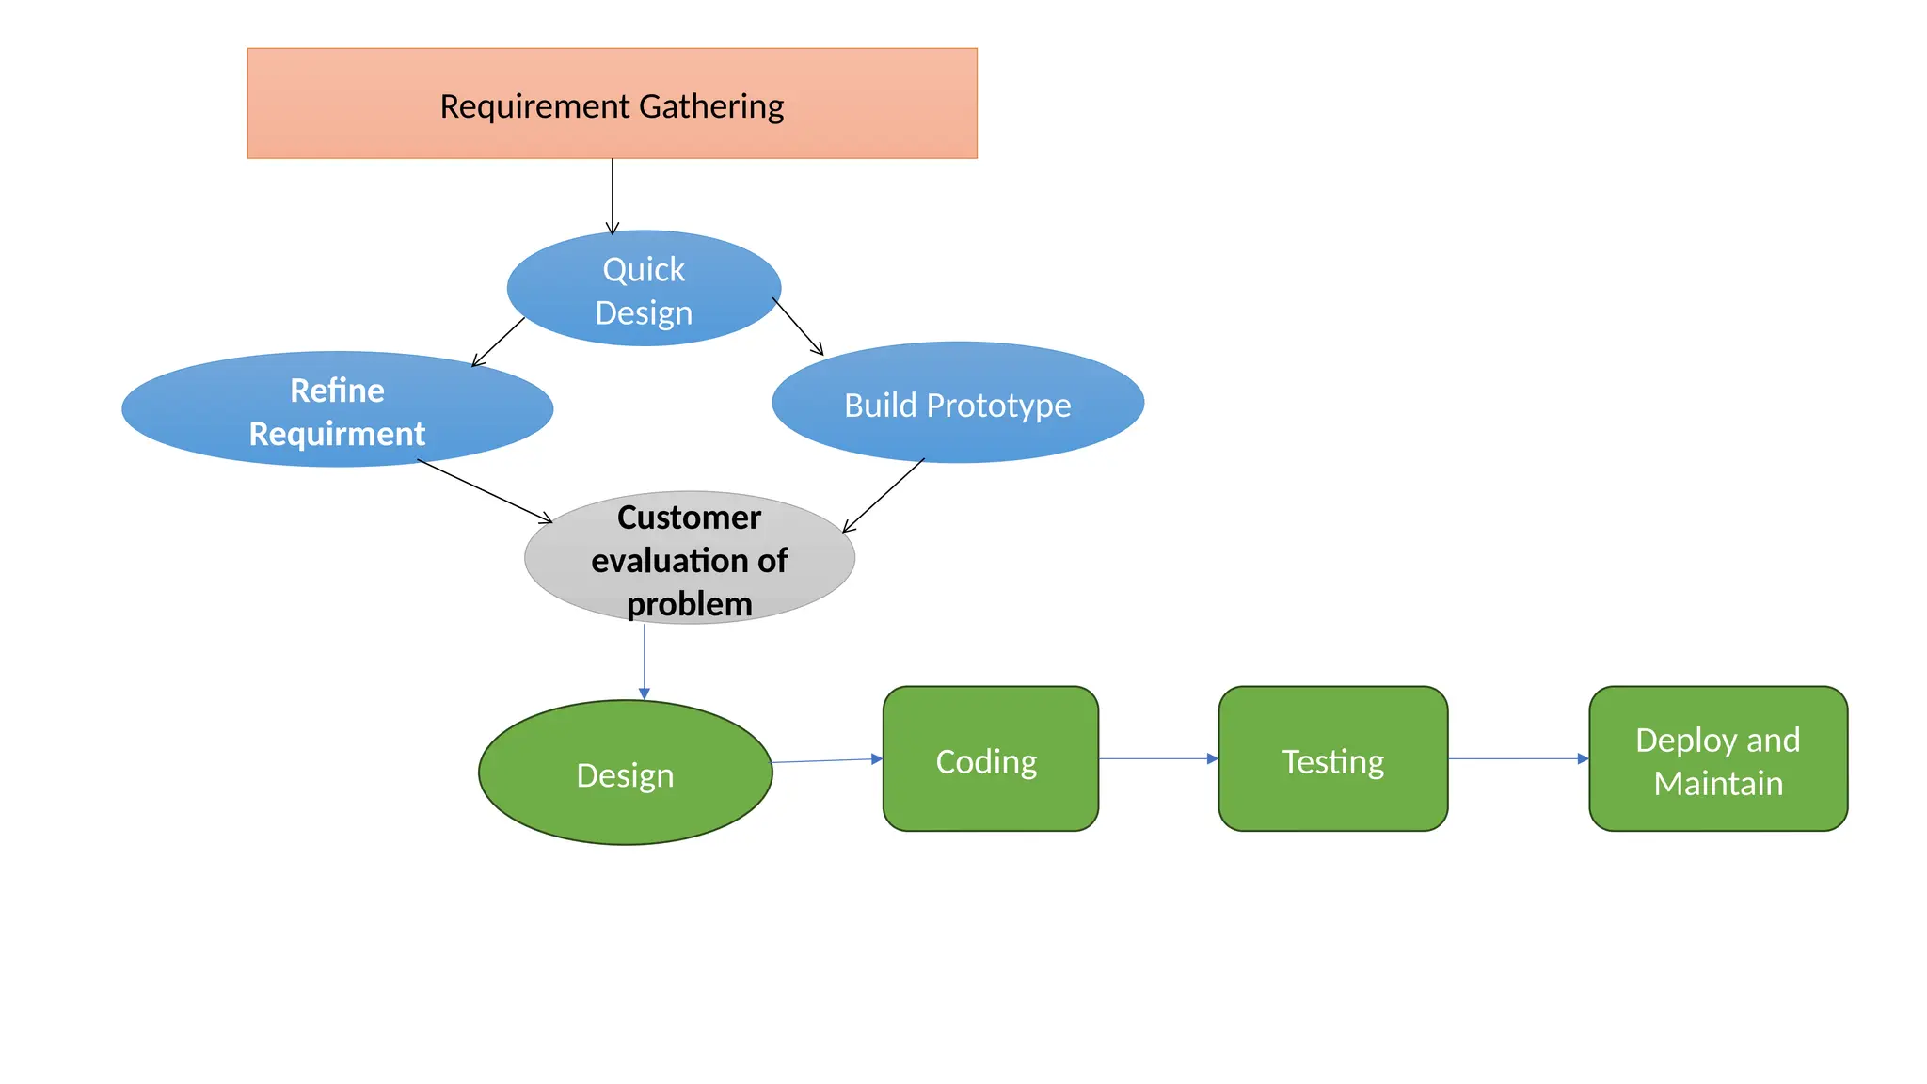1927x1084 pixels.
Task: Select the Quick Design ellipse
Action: click(x=644, y=288)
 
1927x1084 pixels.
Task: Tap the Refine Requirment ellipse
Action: click(x=337, y=410)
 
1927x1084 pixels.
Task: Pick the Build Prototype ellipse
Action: click(x=957, y=404)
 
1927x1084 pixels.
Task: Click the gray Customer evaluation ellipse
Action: click(x=689, y=557)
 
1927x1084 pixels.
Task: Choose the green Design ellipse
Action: click(x=625, y=773)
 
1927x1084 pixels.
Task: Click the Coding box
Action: click(x=990, y=758)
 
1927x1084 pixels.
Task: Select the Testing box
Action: click(x=1332, y=758)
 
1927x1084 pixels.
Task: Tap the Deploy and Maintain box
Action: click(x=1717, y=758)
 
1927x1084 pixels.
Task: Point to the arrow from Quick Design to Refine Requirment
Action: click(x=499, y=342)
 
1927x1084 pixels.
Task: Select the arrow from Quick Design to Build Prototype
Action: click(x=798, y=327)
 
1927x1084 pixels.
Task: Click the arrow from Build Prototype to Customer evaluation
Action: click(x=884, y=496)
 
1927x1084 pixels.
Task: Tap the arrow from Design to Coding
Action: click(x=827, y=760)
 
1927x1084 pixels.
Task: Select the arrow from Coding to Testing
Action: click(x=1158, y=758)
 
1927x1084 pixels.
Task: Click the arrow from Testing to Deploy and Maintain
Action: click(x=1518, y=758)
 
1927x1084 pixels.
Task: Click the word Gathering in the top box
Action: click(x=712, y=106)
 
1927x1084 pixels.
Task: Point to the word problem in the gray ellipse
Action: click(x=689, y=604)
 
